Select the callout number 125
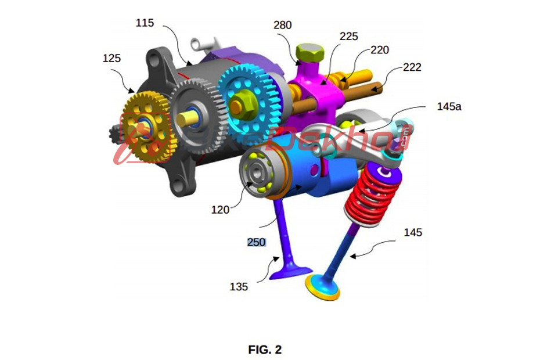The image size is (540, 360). point(113,59)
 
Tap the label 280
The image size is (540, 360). point(282,25)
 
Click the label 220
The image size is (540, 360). point(380,51)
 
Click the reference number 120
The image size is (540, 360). point(220,210)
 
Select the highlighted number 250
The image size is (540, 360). point(256,243)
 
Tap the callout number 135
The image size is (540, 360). point(238,286)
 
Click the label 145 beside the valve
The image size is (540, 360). point(413,233)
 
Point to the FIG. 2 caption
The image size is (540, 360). point(265,350)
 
